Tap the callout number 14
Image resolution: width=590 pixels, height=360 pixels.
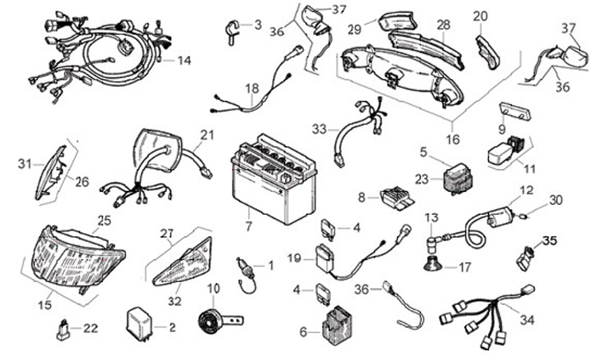[184, 60]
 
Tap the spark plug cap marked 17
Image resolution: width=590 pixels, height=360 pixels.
[435, 265]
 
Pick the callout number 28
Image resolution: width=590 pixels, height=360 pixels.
[443, 25]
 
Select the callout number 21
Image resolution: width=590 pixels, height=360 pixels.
[206, 134]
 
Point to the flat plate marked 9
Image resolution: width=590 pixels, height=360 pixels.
[512, 112]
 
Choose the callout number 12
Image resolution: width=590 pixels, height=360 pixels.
[526, 189]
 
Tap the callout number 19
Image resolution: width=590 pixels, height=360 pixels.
[295, 258]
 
